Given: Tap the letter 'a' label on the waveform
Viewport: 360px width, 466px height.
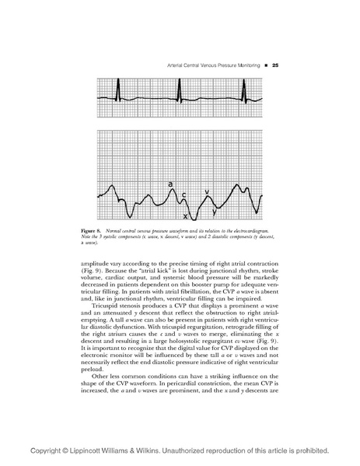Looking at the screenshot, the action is pyautogui.click(x=170, y=184).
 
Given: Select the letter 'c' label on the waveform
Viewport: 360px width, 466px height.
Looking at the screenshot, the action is pyautogui.click(x=183, y=194).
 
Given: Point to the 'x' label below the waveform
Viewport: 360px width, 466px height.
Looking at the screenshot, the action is pyautogui.click(x=185, y=215).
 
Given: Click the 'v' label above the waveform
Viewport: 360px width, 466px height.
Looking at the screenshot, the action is pyautogui.click(x=206, y=191).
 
